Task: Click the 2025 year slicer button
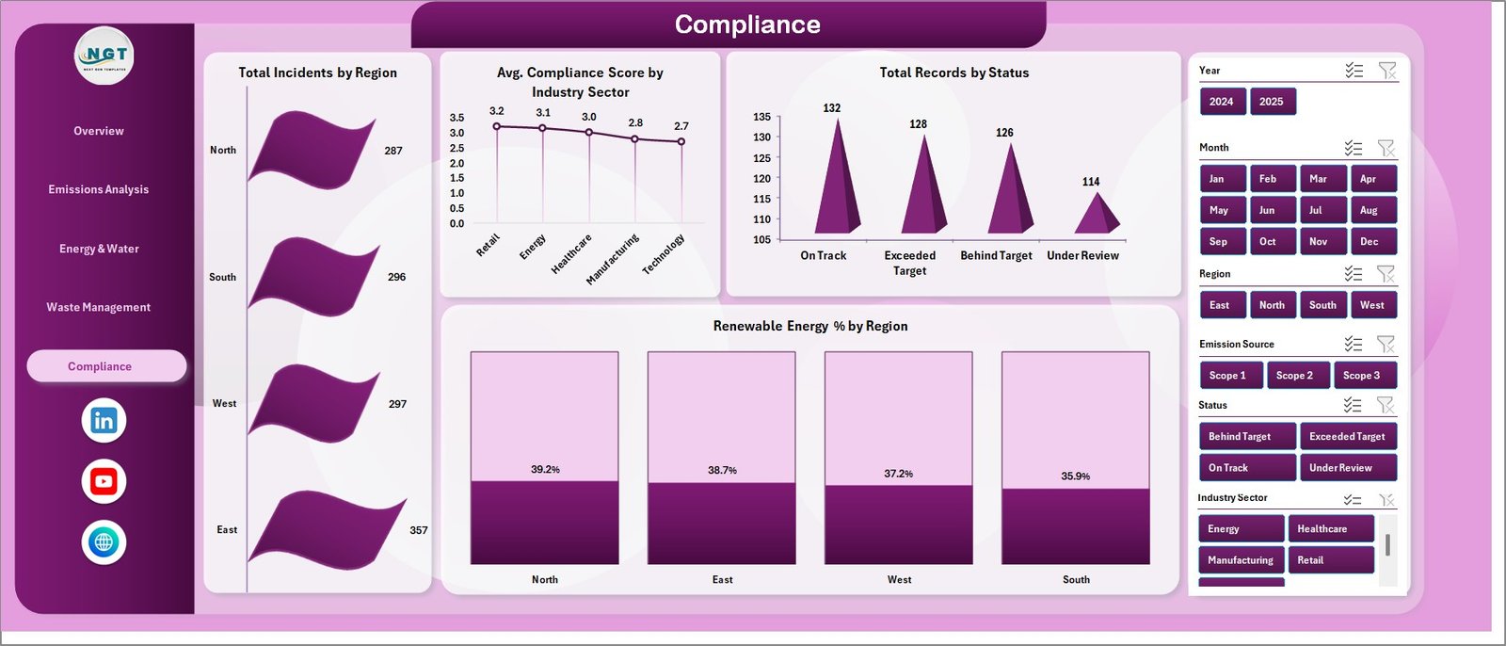[x=1272, y=102]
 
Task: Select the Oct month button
[x=1268, y=242]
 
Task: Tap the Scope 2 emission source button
[x=1294, y=375]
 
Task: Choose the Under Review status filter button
[x=1346, y=468]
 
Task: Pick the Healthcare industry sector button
[x=1329, y=529]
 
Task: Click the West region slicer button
[x=1371, y=305]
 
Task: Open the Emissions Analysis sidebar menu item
[x=99, y=189]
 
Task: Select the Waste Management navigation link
[x=99, y=307]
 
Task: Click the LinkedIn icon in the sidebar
[x=104, y=421]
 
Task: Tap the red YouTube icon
[x=104, y=481]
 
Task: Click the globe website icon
[x=104, y=542]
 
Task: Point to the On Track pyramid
[x=836, y=188]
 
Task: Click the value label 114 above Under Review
[x=1091, y=182]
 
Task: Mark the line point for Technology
[x=681, y=142]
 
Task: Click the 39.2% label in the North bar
[x=545, y=469]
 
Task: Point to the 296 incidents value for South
[x=397, y=277]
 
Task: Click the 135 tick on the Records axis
[x=761, y=117]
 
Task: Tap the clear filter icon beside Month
[x=1386, y=148]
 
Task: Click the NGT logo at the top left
[x=104, y=57]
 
